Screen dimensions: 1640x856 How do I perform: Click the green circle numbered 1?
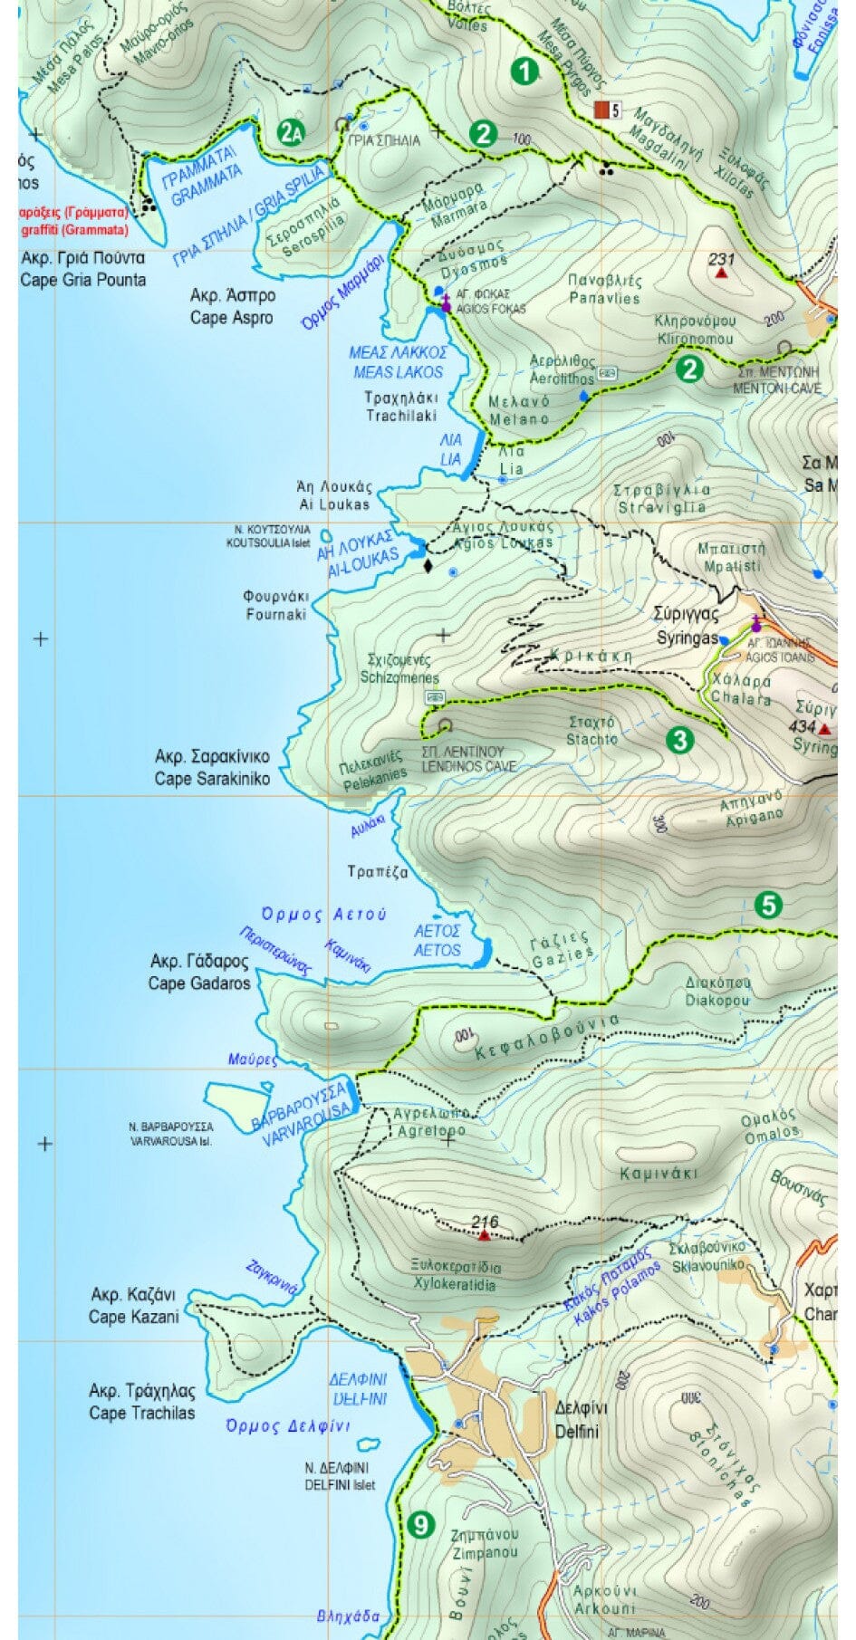point(524,71)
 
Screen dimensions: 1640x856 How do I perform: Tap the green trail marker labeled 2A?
point(291,134)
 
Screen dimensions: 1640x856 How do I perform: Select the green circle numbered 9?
point(419,1525)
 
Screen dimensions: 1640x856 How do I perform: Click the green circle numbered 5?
point(767,905)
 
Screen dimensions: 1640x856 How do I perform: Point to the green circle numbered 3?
point(678,740)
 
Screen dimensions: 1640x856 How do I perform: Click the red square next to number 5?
point(601,110)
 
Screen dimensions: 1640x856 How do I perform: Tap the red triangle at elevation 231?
point(721,272)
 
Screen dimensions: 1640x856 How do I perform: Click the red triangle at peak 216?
point(485,1235)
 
